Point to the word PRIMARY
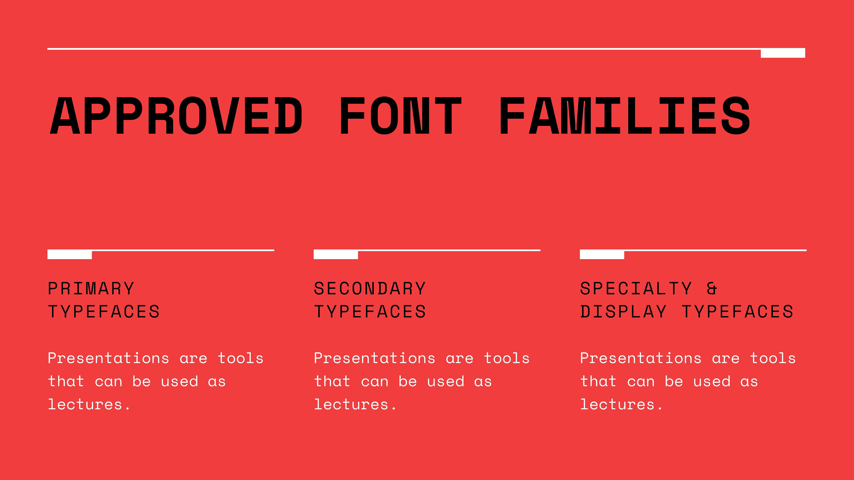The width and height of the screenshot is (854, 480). (x=91, y=288)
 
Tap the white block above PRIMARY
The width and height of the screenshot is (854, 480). (x=70, y=254)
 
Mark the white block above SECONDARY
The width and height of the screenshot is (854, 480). (x=336, y=254)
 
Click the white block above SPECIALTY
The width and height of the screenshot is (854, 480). (x=602, y=254)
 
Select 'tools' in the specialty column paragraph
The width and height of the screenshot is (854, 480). (x=773, y=358)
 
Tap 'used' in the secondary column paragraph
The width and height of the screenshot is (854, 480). (x=445, y=381)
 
